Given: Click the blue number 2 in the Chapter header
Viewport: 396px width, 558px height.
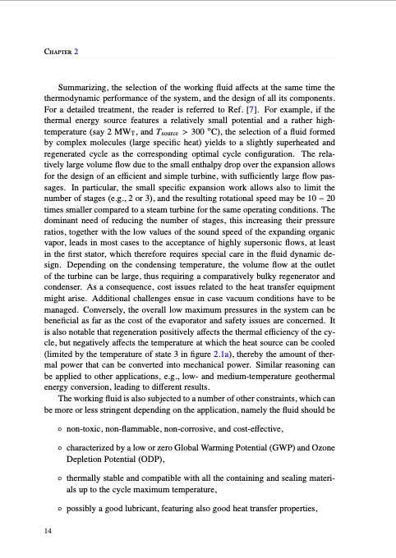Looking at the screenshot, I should point(76,52).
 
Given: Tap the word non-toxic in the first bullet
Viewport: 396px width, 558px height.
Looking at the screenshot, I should point(94,429).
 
